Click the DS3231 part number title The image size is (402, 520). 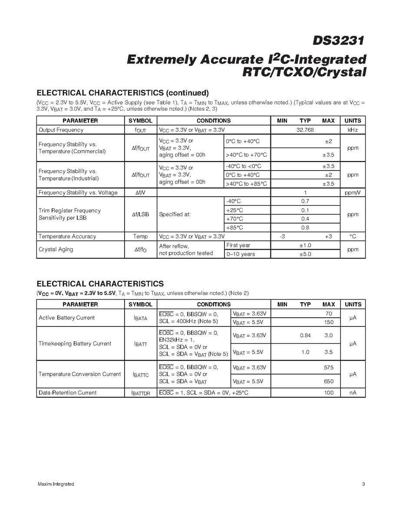(x=338, y=41)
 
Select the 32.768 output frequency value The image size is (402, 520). (x=305, y=130)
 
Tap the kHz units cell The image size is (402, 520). (x=353, y=130)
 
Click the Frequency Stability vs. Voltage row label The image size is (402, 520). (x=78, y=193)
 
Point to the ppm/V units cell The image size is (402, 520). (x=353, y=193)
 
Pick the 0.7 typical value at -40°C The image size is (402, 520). (x=305, y=201)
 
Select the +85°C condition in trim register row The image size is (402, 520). (x=234, y=227)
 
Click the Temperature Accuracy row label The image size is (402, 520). (x=67, y=237)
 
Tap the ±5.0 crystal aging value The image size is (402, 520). (x=305, y=254)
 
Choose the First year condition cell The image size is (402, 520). (x=238, y=245)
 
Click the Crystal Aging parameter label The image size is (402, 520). (x=56, y=250)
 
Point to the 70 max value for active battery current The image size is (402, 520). (x=329, y=313)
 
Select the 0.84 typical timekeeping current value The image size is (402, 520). (x=305, y=335)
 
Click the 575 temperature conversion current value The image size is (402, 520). (x=329, y=368)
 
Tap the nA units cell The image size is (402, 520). (x=353, y=393)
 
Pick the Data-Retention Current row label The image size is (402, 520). (x=67, y=393)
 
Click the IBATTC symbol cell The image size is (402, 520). (x=141, y=374)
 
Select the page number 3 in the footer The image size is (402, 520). (x=363, y=484)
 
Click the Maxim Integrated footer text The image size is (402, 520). (x=56, y=484)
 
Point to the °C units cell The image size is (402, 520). (x=353, y=237)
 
